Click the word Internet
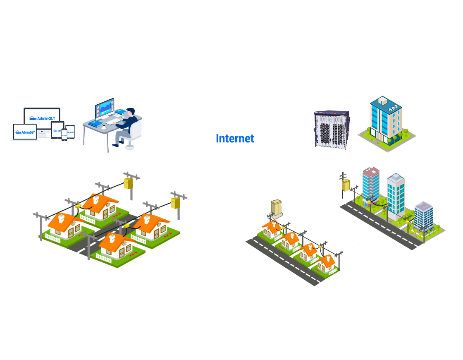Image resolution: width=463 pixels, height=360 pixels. tap(235, 138)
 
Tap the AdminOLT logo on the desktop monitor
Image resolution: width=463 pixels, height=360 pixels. tap(42, 118)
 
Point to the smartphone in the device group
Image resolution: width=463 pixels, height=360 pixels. tap(64, 134)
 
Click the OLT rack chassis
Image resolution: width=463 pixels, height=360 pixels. tap(331, 129)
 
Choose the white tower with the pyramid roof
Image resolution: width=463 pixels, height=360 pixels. tap(395, 192)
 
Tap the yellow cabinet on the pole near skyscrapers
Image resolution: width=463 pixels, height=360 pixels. tap(345, 185)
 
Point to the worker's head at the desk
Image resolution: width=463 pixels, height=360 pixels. tap(129, 113)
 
